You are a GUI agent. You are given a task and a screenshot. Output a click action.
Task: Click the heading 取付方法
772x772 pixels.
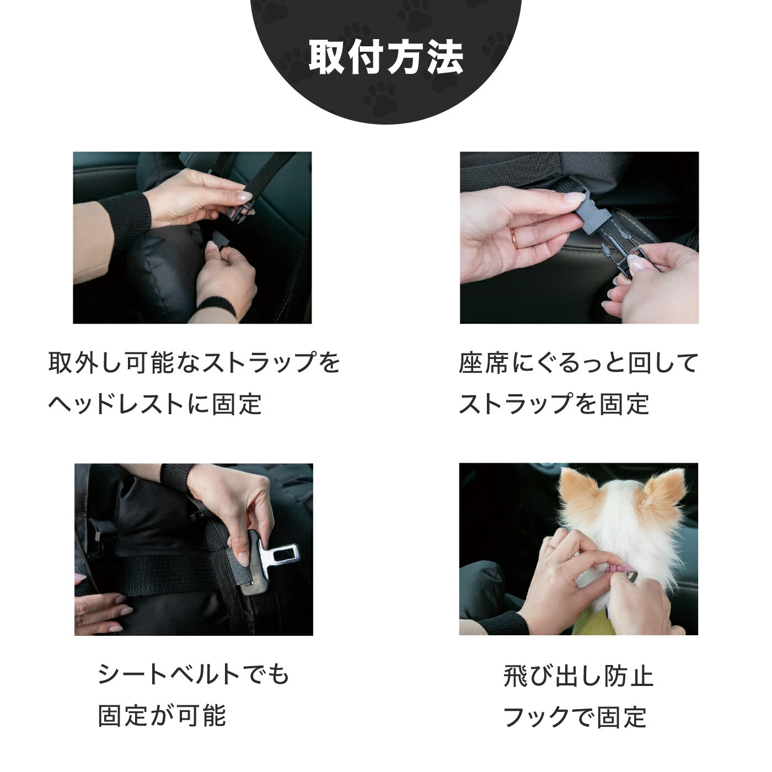click(385, 57)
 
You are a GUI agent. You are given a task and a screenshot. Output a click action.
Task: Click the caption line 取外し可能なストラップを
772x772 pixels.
click(194, 363)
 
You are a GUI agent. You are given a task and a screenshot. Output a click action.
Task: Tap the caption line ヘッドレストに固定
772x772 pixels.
click(155, 404)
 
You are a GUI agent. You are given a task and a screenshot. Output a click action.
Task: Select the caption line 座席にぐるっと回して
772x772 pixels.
click(578, 363)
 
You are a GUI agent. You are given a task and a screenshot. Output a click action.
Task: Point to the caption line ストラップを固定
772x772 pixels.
click(554, 404)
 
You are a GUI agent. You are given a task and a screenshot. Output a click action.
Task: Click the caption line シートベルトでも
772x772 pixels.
click(194, 674)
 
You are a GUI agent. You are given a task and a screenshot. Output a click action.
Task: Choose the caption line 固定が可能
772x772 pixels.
click(162, 716)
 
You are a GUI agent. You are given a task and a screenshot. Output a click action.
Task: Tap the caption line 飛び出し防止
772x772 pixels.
click(578, 676)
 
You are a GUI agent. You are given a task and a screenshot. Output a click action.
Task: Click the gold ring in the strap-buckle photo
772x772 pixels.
click(514, 237)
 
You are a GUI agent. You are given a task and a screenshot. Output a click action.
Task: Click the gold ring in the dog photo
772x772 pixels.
click(551, 545)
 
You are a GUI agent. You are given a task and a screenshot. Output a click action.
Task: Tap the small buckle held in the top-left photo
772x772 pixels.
click(239, 210)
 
